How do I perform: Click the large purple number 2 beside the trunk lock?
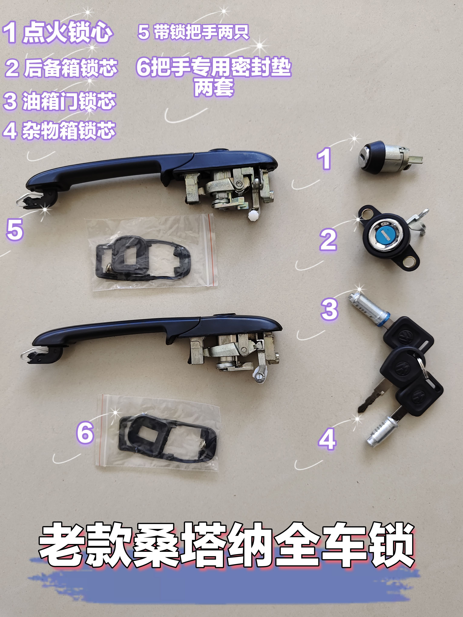click(328, 240)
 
